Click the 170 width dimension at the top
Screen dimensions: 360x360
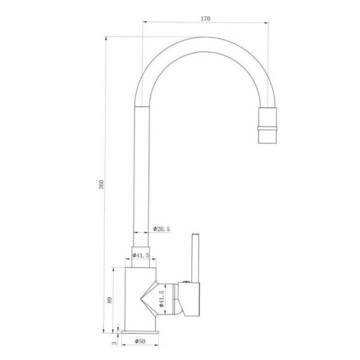(205, 19)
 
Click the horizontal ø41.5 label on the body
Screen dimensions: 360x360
(141, 256)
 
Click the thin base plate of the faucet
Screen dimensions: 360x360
(140, 332)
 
